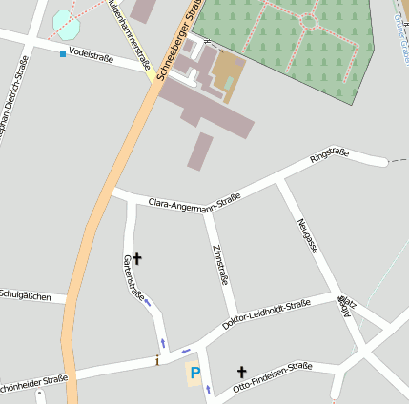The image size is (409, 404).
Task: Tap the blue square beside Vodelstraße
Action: click(x=63, y=54)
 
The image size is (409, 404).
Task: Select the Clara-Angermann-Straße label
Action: click(x=194, y=201)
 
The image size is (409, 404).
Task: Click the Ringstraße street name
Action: click(x=330, y=156)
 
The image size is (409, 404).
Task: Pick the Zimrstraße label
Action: click(x=221, y=265)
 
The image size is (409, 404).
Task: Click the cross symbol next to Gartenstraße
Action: click(x=136, y=257)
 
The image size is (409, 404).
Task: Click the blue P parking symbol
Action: click(x=195, y=374)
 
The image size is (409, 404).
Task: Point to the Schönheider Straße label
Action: click(x=33, y=384)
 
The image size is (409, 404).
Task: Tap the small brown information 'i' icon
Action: click(x=157, y=360)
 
